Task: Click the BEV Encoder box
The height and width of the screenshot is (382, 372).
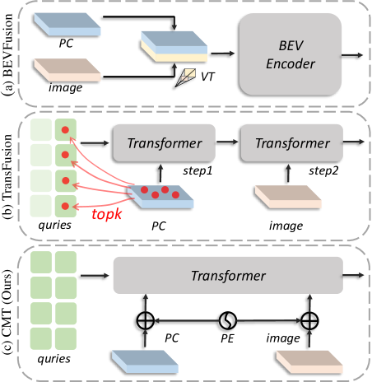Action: (291, 54)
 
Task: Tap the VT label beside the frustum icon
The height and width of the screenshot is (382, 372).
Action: (207, 77)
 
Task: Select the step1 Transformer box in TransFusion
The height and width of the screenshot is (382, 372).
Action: (164, 143)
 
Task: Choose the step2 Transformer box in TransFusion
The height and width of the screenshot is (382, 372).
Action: (292, 143)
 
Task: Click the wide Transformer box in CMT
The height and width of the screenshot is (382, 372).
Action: (228, 275)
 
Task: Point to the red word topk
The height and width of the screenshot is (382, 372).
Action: (107, 214)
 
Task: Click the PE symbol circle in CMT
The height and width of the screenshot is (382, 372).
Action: (228, 320)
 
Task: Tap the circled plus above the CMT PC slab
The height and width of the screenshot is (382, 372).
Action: (146, 320)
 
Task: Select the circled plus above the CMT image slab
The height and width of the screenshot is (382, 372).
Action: (309, 320)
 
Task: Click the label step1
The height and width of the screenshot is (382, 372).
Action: (198, 171)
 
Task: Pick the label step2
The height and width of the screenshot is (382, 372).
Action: (323, 171)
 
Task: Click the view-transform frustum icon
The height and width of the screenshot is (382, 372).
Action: (185, 78)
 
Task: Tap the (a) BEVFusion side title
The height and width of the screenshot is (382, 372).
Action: (7, 54)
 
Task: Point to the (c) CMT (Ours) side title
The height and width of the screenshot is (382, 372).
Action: (7, 311)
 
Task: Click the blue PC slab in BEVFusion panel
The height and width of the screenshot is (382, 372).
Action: (67, 25)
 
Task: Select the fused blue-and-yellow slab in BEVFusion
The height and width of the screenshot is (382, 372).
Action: (174, 47)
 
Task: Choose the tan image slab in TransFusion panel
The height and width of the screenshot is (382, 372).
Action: (288, 197)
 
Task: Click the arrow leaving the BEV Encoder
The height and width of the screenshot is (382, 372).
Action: (352, 55)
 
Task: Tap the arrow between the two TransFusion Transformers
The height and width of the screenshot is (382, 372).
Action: (227, 142)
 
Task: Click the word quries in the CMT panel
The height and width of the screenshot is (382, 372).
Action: (54, 359)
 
